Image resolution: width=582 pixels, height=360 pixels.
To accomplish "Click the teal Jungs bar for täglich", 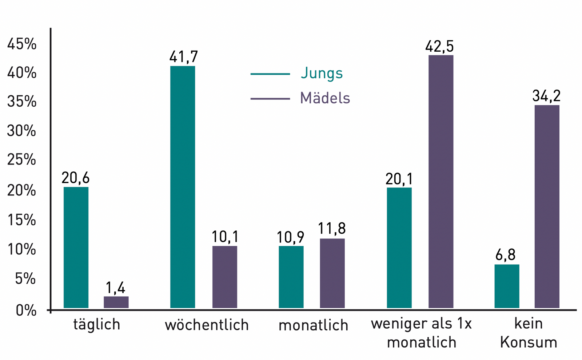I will click(76, 248).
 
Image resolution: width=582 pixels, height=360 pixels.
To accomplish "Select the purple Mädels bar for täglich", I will click(116, 302).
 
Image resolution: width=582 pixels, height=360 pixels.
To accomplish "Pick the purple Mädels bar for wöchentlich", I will click(225, 277).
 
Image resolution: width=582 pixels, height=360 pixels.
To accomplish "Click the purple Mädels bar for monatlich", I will click(332, 273).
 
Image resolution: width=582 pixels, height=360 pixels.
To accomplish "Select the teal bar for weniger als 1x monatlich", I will click(399, 248).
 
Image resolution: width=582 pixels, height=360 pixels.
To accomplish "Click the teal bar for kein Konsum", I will click(507, 286).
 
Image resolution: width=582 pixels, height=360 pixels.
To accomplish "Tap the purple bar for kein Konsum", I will click(547, 206).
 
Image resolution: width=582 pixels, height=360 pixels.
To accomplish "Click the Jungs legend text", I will click(322, 74).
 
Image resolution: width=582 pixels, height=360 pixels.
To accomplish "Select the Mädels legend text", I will click(325, 98).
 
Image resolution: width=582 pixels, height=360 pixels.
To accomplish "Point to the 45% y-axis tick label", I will click(22, 44).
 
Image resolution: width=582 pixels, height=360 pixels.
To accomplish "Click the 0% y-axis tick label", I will click(26, 310).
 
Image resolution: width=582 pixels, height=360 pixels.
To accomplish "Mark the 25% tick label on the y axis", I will click(22, 160).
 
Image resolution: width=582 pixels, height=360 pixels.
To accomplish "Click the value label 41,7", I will click(184, 57).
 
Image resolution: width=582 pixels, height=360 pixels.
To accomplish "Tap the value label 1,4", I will click(116, 288).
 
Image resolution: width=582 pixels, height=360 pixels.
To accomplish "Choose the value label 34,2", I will click(546, 96).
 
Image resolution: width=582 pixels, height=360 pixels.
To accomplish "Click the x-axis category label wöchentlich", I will click(207, 325).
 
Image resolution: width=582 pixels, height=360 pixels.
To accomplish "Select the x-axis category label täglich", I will click(96, 324).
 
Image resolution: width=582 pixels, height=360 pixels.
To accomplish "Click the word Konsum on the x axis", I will click(529, 343).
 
